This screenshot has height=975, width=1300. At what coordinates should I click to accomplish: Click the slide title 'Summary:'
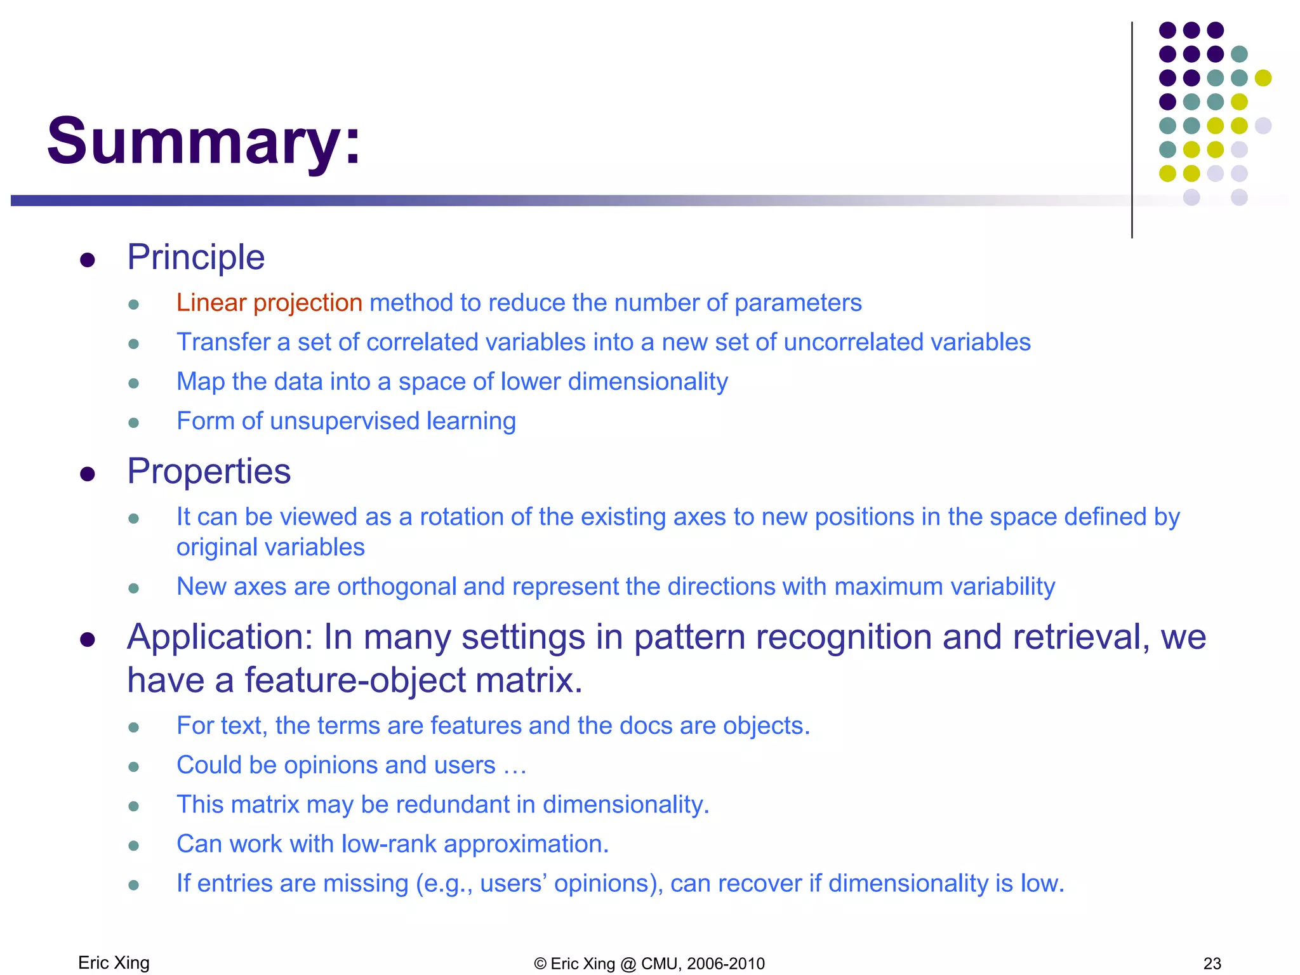(x=204, y=140)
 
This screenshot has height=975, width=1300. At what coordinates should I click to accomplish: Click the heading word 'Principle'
(x=196, y=257)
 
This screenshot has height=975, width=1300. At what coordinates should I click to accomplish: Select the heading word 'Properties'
(x=209, y=471)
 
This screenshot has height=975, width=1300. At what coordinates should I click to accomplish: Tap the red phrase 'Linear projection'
(x=269, y=303)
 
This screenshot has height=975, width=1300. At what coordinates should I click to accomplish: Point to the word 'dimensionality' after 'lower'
(x=647, y=381)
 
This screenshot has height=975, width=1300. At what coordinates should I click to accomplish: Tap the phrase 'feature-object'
(x=355, y=680)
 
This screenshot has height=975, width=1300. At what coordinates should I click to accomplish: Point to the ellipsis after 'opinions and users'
(x=515, y=766)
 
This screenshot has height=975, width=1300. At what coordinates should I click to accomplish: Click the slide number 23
(x=1212, y=964)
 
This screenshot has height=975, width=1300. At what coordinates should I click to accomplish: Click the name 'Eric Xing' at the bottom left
(x=114, y=963)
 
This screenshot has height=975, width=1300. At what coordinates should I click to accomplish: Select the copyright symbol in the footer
(x=540, y=964)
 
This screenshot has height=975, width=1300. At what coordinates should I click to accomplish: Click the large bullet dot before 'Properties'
(x=88, y=474)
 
